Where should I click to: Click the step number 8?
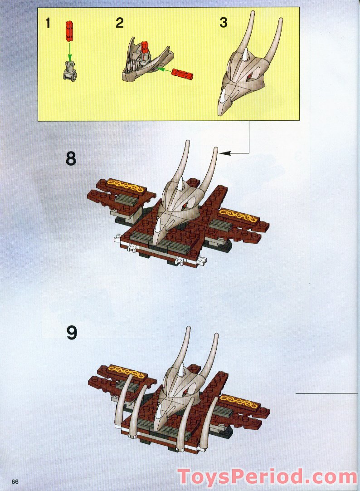coord(71,159)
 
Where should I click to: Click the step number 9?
coord(71,333)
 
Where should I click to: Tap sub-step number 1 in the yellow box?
coord(48,23)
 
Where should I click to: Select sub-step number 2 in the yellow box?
coord(119,23)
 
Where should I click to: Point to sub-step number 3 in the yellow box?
coord(223,23)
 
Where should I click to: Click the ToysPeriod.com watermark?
coord(267,477)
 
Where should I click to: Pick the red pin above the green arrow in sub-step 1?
coord(69,30)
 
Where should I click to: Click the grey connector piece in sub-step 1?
coord(69,72)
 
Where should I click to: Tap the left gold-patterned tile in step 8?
coord(125,187)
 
